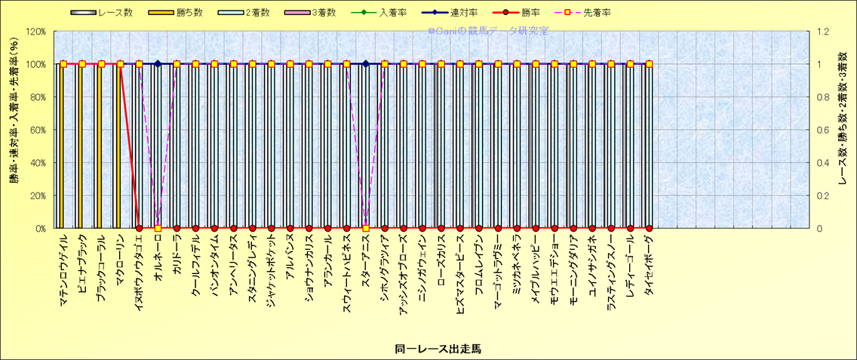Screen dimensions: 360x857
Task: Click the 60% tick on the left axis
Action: (36, 130)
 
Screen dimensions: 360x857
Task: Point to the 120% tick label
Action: (35, 32)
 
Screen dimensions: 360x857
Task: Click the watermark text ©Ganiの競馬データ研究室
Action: (487, 31)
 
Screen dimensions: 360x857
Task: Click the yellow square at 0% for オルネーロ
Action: (158, 228)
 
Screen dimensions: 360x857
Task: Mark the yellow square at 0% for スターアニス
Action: (365, 228)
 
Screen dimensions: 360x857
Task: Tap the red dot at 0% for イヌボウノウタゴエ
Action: (139, 228)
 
